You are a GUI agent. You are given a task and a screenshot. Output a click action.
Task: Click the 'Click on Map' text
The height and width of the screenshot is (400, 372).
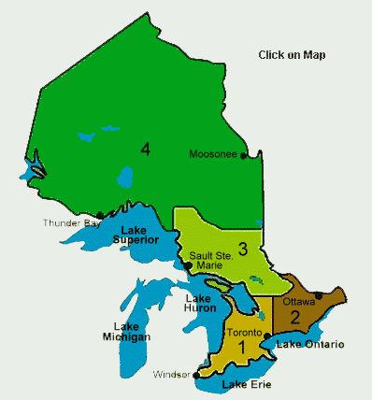[x=293, y=55]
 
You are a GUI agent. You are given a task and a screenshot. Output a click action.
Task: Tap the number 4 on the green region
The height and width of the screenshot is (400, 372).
[x=146, y=149]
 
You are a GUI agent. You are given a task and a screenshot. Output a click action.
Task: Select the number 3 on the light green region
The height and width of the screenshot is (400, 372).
[x=241, y=249]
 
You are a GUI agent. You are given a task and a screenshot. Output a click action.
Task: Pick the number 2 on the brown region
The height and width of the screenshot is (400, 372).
[x=294, y=317]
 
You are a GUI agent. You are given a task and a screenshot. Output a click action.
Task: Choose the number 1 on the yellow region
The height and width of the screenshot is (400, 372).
[x=241, y=348]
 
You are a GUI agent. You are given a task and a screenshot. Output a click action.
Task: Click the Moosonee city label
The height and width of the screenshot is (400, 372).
[x=214, y=154]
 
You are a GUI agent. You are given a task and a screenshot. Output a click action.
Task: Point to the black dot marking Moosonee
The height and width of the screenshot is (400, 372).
[x=244, y=156]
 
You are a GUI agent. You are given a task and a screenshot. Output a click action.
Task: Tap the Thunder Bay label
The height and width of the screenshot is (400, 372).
[x=71, y=222]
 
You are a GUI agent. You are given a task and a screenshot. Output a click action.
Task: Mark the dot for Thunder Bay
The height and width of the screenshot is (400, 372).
[x=100, y=215]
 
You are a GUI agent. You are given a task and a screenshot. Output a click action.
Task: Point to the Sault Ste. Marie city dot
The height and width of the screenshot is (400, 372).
[x=188, y=265]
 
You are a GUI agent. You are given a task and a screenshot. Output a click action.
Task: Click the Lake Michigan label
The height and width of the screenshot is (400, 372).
[x=126, y=331]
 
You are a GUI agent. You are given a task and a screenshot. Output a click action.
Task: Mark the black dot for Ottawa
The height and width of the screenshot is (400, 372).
[x=319, y=296]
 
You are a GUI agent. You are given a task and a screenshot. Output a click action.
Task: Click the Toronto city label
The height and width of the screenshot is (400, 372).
[x=241, y=333]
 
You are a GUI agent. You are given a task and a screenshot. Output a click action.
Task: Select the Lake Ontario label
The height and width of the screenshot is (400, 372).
[x=309, y=345]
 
